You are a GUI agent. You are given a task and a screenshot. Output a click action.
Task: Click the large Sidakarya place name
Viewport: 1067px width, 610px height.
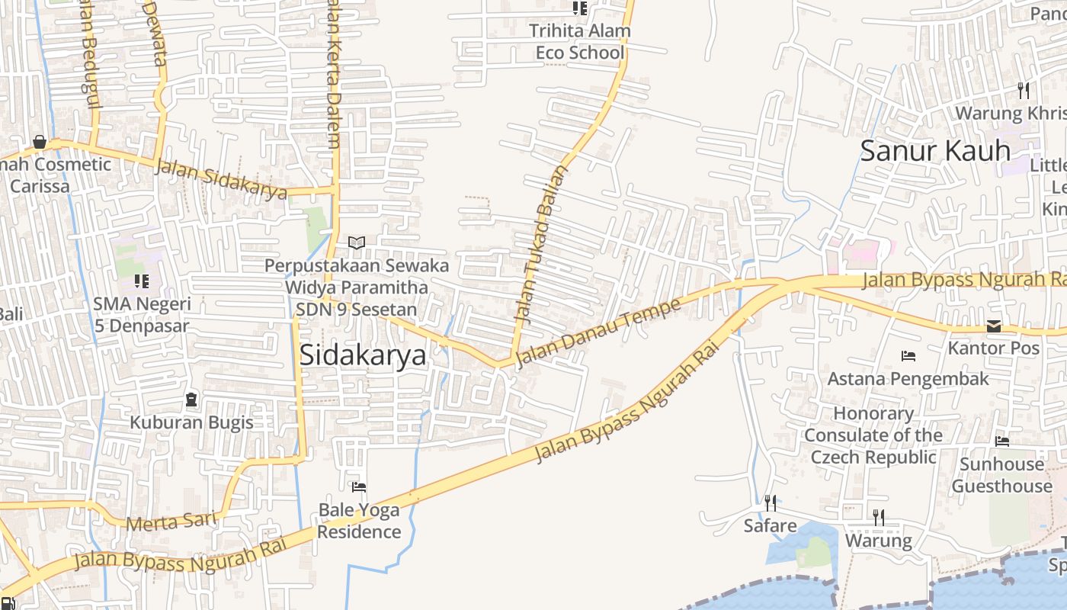363,355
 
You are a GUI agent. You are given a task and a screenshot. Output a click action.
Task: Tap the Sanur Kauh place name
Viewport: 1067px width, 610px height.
935,150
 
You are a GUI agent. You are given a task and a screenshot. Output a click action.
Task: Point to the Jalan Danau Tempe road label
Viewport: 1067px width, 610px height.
598,332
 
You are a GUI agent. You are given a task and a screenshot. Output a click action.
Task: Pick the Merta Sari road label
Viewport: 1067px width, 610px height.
171,522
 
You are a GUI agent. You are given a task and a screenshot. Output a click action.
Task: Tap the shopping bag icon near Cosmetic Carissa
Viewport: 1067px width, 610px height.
39,143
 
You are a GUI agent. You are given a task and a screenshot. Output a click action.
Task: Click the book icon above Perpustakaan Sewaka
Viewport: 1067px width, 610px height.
356,242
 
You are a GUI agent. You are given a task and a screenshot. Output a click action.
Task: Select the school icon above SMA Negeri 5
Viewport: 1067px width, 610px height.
141,281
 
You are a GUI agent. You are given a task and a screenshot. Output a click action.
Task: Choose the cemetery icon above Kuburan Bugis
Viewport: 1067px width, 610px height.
191,399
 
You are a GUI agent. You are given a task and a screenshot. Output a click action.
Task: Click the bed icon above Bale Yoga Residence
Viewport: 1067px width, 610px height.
359,486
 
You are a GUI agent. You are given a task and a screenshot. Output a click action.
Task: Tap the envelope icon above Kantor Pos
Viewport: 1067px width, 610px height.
994,326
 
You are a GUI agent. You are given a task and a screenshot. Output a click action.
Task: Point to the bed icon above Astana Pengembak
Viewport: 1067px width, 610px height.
908,356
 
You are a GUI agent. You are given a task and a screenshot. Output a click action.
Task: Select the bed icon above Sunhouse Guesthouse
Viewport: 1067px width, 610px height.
1001,441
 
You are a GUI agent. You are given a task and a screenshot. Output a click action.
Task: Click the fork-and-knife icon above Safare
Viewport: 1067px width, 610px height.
771,503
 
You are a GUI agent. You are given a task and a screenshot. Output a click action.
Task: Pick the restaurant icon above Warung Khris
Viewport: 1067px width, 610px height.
1024,91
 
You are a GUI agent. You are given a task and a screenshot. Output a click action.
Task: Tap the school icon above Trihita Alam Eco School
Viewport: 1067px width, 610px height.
580,8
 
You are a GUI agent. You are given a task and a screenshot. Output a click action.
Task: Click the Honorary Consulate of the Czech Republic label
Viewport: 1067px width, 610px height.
873,435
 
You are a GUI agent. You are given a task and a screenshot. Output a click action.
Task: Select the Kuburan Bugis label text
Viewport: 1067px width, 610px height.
191,422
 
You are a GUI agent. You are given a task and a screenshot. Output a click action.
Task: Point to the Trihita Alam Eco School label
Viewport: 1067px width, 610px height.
580,42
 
